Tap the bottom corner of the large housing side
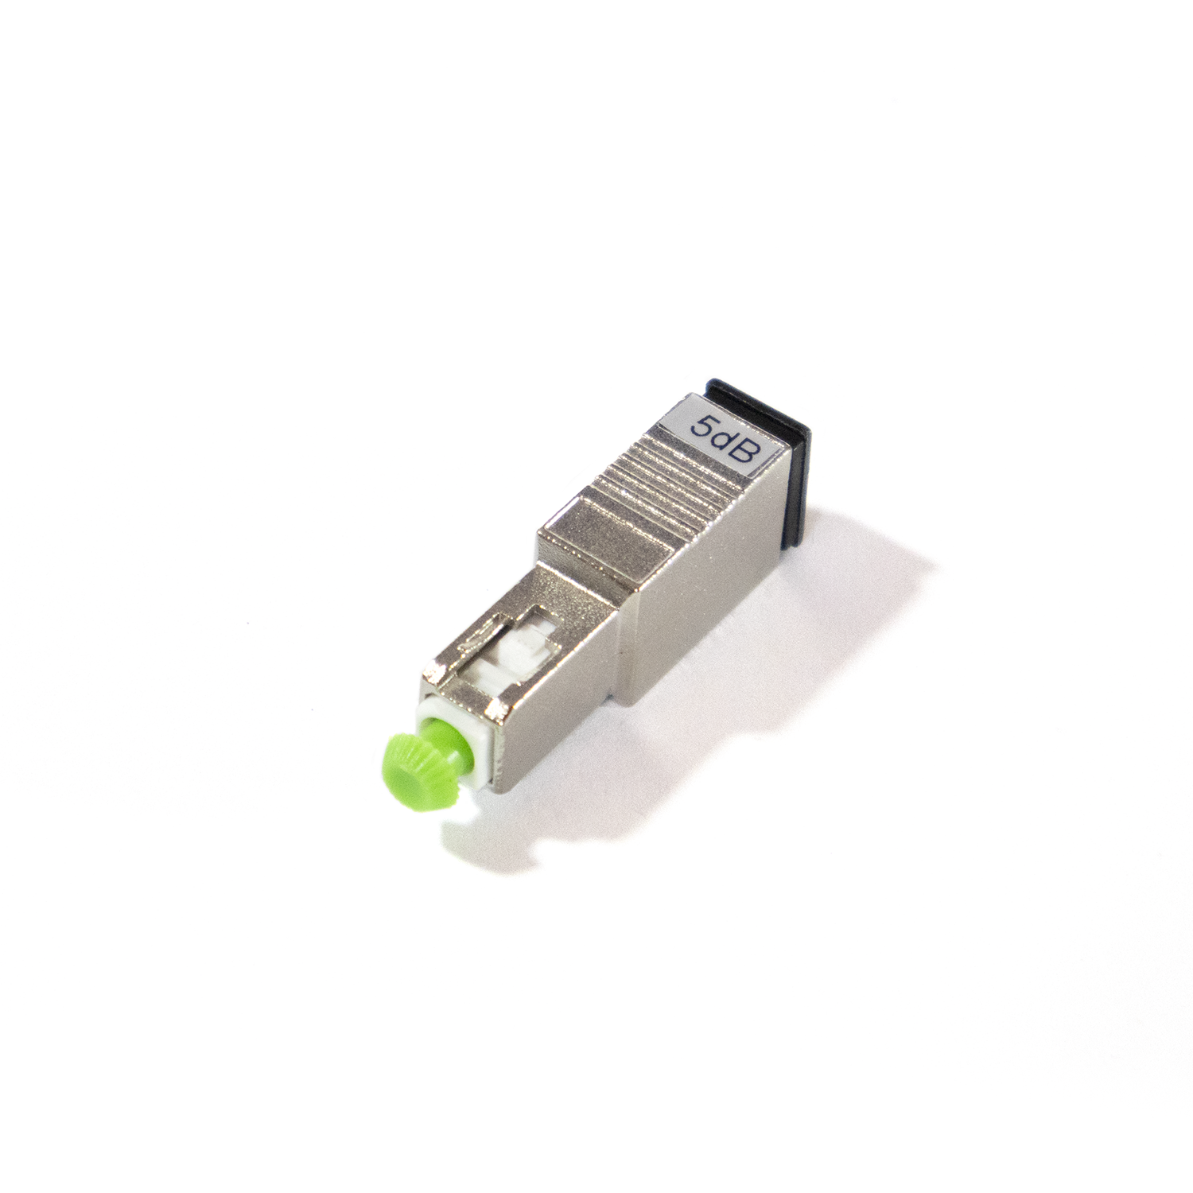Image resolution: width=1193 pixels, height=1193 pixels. click(x=630, y=700)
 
